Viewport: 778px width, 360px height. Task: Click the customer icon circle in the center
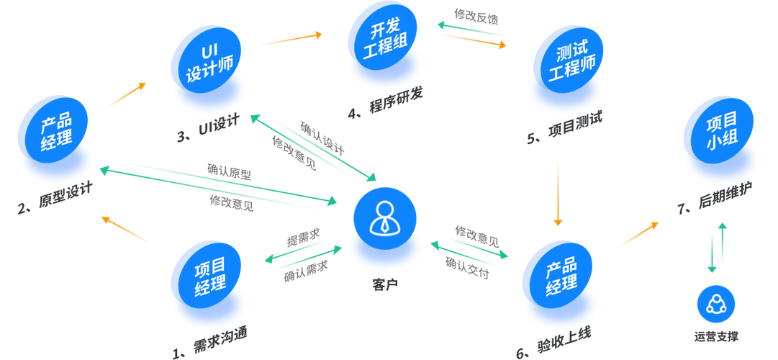tap(385, 218)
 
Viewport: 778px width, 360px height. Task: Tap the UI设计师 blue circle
tap(209, 62)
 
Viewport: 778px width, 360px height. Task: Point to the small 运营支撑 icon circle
tap(716, 304)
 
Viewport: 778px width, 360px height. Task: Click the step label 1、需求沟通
tap(210, 343)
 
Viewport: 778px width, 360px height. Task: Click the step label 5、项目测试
tap(565, 129)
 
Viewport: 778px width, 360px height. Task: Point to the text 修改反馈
tap(476, 17)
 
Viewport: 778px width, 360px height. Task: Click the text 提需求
tap(303, 239)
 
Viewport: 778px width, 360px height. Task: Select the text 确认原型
tap(230, 172)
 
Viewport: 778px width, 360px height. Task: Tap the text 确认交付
tap(467, 268)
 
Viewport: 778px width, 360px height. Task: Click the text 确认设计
tap(322, 138)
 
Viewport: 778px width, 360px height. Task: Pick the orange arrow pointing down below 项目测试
tap(558, 192)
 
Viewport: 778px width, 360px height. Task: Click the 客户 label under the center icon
tap(385, 285)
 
